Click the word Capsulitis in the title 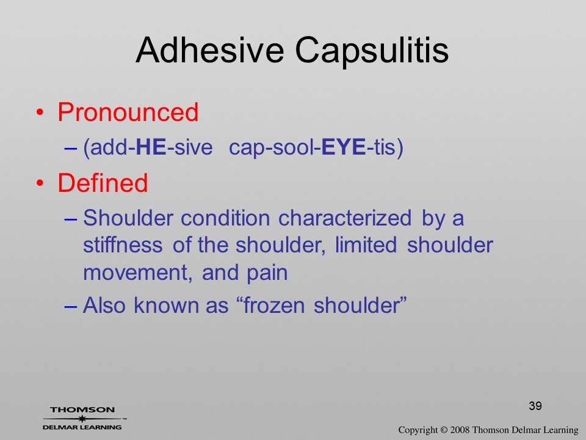(x=372, y=51)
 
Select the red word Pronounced (x=128, y=112)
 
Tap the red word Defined (x=103, y=183)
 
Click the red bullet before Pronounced (x=40, y=112)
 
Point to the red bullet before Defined (x=40, y=183)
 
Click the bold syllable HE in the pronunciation (x=151, y=147)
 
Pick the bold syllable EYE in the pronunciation (x=344, y=147)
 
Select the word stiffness (x=123, y=245)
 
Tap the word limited (x=366, y=245)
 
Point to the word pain (x=267, y=274)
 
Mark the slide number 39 (x=535, y=406)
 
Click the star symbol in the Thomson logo (x=82, y=419)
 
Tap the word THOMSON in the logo (x=82, y=409)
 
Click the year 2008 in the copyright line (x=460, y=430)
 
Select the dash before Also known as (x=71, y=306)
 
